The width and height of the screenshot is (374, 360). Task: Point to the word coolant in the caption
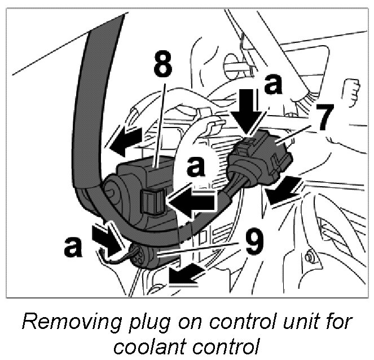[x=140, y=346]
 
